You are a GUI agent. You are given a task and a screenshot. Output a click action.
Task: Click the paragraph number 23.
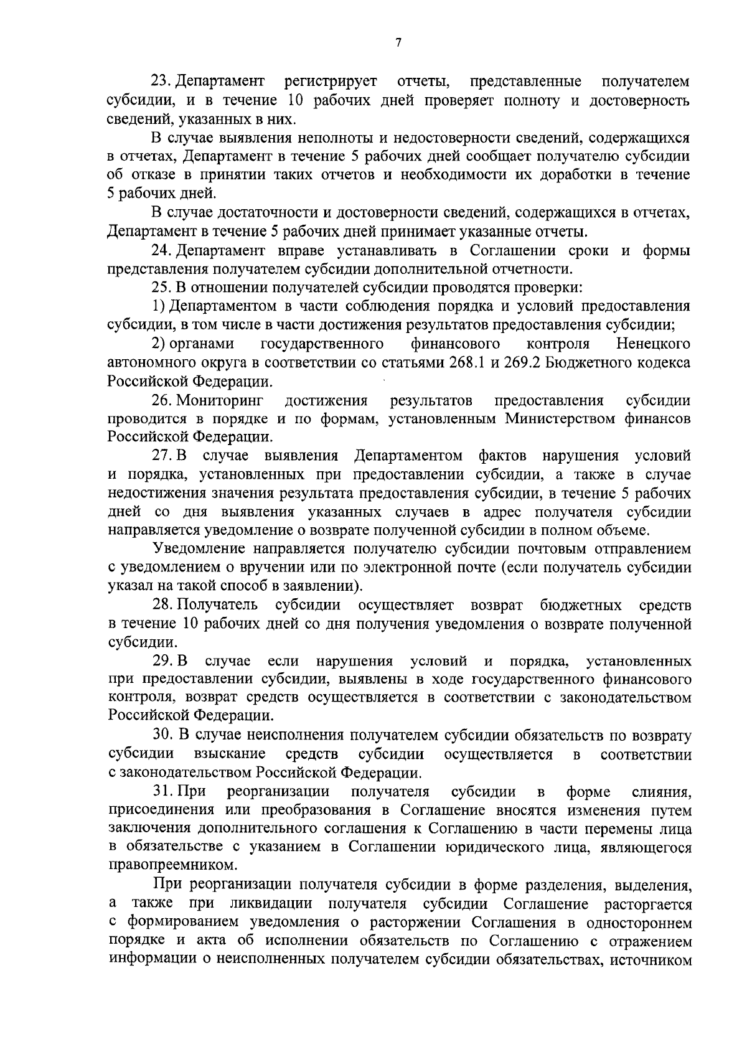click(161, 82)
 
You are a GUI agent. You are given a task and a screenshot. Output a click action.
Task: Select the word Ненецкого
click(653, 344)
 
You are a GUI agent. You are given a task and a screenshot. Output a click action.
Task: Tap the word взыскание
click(230, 754)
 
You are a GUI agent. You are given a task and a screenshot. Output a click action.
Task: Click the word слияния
click(660, 792)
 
